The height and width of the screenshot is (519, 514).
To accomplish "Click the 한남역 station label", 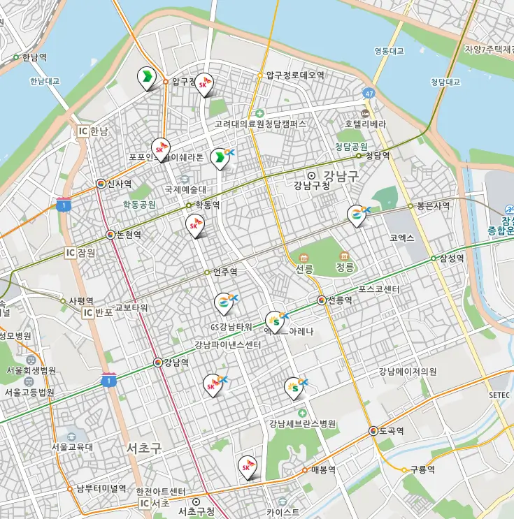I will pyautogui.click(x=34, y=57).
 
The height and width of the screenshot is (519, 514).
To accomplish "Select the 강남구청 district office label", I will pyautogui.click(x=312, y=186).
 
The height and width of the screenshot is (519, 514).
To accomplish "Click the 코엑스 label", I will pyautogui.click(x=402, y=238).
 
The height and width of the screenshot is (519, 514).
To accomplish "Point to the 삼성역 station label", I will pyautogui.click(x=452, y=258).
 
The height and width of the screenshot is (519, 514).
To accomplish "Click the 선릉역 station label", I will pyautogui.click(x=339, y=300).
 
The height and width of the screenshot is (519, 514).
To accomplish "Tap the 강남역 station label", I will pyautogui.click(x=176, y=363).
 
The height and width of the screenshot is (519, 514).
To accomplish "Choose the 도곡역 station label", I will pyautogui.click(x=392, y=431).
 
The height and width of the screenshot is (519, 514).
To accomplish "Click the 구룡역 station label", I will pyautogui.click(x=422, y=469).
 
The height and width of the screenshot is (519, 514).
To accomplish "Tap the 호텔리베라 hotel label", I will pyautogui.click(x=364, y=124).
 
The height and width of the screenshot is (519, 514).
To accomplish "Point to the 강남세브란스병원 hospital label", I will pyautogui.click(x=302, y=423).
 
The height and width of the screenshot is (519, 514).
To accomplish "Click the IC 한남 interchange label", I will pyautogui.click(x=93, y=131).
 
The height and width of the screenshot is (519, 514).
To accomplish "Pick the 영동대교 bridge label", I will pyautogui.click(x=389, y=50).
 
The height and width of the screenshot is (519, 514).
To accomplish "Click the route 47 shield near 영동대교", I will pyautogui.click(x=369, y=92).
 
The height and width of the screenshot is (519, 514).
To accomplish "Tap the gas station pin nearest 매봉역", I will pyautogui.click(x=248, y=466).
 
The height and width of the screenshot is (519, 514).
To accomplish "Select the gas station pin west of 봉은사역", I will pyautogui.click(x=357, y=215).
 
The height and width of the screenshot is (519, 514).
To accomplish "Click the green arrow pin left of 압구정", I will pyautogui.click(x=146, y=77).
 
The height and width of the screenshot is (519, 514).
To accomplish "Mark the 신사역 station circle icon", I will pyautogui.click(x=101, y=184).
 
